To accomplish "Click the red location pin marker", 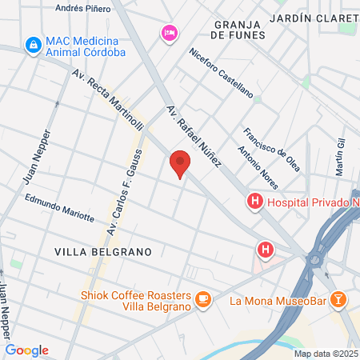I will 181,163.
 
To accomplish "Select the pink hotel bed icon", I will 169,32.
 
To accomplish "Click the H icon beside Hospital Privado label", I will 254,202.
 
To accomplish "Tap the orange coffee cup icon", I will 203,299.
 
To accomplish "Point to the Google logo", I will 27,350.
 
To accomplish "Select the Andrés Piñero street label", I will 82,8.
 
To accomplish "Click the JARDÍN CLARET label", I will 314,17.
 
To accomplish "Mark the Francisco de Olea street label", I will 272,149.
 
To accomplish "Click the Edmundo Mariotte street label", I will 59,208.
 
